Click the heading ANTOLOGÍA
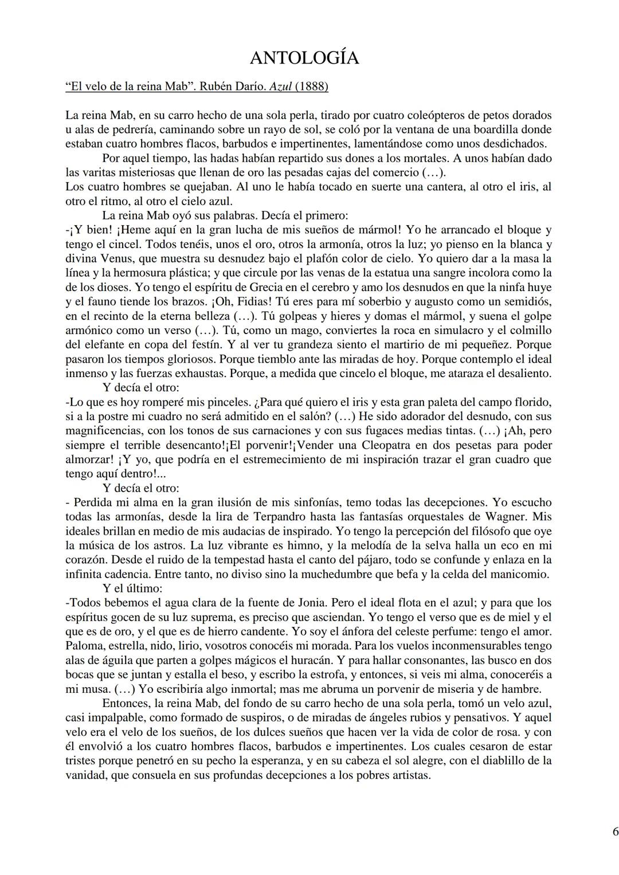tap(304, 58)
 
